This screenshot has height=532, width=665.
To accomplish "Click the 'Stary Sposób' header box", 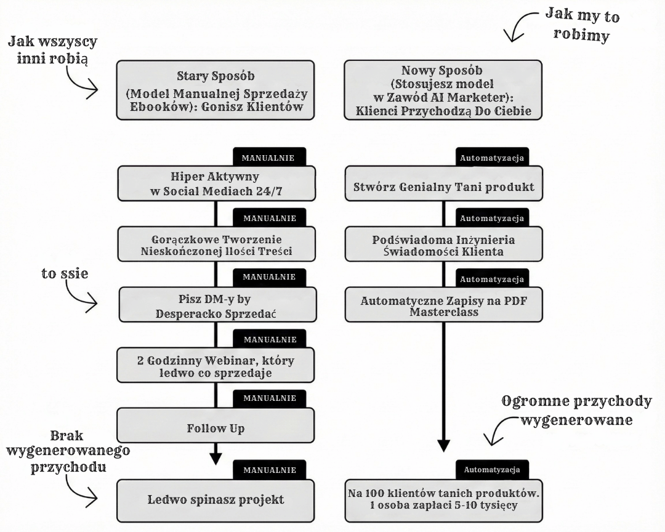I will (216, 89).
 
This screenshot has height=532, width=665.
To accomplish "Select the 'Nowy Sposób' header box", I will (443, 89).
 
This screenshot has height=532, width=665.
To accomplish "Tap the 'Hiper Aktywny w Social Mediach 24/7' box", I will (216, 183).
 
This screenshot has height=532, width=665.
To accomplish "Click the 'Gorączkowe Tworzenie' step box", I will (216, 244).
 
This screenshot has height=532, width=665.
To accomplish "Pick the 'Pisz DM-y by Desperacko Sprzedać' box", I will (216, 304).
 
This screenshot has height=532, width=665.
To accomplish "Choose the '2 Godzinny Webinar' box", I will (216, 365).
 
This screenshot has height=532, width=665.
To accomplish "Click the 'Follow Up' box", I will (216, 427).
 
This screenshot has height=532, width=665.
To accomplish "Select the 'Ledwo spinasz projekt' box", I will (216, 498).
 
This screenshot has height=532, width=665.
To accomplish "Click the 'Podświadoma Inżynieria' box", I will (443, 245).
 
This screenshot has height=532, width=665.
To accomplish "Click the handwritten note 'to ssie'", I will (65, 274).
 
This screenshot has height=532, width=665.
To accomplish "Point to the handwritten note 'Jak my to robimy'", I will (582, 25).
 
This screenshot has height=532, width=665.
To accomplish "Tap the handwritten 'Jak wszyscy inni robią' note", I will (52, 50).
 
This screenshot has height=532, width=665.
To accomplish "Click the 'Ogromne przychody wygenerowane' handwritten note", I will (576, 411).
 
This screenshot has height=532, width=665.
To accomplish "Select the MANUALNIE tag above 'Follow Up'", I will (269, 398).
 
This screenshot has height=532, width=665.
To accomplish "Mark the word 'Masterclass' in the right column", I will (443, 313).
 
